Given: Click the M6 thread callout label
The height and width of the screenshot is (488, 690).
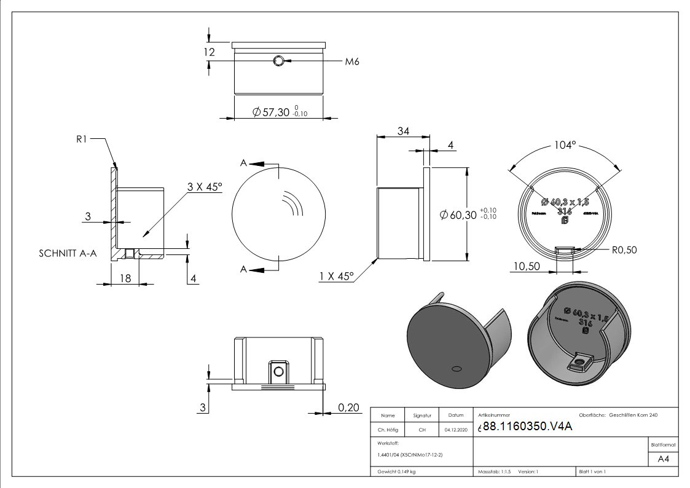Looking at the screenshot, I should coord(351,61).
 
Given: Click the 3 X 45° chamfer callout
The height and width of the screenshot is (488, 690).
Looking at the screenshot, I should coord(205,187).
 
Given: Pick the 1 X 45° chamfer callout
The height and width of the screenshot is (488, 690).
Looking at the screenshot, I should coord(337,277).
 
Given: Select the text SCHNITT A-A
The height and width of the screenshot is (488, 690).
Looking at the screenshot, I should coord(68,253).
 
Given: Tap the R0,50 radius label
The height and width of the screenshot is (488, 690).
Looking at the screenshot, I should coord(624,250).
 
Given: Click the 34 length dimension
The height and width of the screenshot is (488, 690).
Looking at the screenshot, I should coord(403,131).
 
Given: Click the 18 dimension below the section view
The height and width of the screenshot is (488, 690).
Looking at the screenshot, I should coord(125,278).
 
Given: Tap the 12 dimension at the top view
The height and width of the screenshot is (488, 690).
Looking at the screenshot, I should coord(209,52).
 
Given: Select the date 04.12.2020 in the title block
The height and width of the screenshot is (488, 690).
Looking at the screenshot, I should coord(456,430).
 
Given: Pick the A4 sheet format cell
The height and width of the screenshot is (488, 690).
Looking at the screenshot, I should coord(663,459).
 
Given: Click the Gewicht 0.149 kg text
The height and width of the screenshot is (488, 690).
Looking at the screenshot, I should coord(396,471).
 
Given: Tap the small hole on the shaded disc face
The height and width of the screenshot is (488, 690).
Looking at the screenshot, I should coord(457,368).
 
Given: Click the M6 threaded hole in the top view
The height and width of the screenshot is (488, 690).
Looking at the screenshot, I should coord(279,60).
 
